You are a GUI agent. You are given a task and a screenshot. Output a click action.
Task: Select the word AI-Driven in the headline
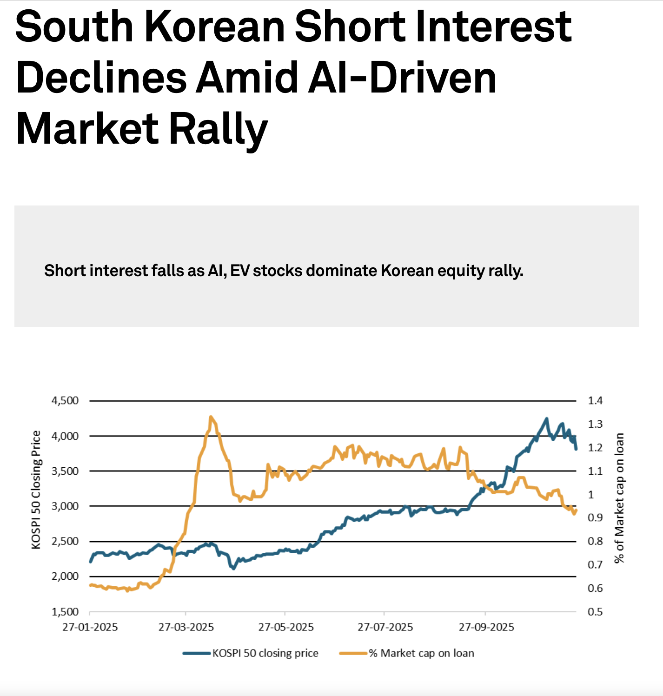tap(346, 78)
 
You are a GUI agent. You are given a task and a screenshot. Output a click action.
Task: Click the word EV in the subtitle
tap(240, 271)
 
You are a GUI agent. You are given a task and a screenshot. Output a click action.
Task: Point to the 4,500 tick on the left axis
tap(65, 400)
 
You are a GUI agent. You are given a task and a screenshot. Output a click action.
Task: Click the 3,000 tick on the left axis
tap(65, 506)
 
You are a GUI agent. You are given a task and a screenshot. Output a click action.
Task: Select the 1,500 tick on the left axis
tap(65, 612)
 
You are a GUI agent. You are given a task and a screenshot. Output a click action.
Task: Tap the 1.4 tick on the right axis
tap(595, 400)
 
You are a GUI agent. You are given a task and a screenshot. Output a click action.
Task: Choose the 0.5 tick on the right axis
tap(595, 612)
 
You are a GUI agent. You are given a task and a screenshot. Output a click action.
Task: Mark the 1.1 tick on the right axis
tap(595, 471)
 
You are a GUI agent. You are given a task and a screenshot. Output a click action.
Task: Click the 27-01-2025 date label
tap(90, 627)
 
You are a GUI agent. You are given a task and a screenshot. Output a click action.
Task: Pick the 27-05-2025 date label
tap(286, 627)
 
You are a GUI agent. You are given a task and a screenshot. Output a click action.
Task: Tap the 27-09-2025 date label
tap(486, 627)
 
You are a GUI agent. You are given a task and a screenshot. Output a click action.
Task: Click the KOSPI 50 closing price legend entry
tap(265, 653)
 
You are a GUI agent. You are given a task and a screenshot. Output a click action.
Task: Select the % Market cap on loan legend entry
tap(421, 653)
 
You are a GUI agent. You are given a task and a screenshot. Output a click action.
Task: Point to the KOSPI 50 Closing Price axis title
tap(36, 490)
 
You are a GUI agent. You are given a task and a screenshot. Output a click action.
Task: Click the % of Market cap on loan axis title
tap(619, 498)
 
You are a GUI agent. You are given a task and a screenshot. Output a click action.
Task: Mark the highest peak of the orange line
tap(211, 417)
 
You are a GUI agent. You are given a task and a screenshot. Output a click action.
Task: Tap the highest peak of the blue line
tap(546, 418)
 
